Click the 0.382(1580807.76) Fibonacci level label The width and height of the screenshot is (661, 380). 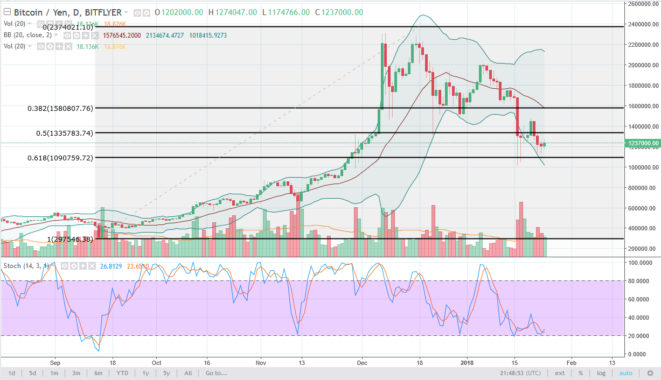pyautogui.click(x=60, y=108)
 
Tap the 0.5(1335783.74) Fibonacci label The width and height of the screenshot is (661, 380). pyautogui.click(x=60, y=133)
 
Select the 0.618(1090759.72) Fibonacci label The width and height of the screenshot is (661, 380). pyautogui.click(x=60, y=158)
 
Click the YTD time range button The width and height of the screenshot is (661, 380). pyautogui.click(x=122, y=373)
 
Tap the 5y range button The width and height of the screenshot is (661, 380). pyautogui.click(x=166, y=373)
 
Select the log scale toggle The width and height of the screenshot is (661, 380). pyautogui.click(x=601, y=373)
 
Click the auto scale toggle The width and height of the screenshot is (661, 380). pyautogui.click(x=626, y=373)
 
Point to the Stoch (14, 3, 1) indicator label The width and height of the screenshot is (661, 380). pyautogui.click(x=26, y=265)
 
